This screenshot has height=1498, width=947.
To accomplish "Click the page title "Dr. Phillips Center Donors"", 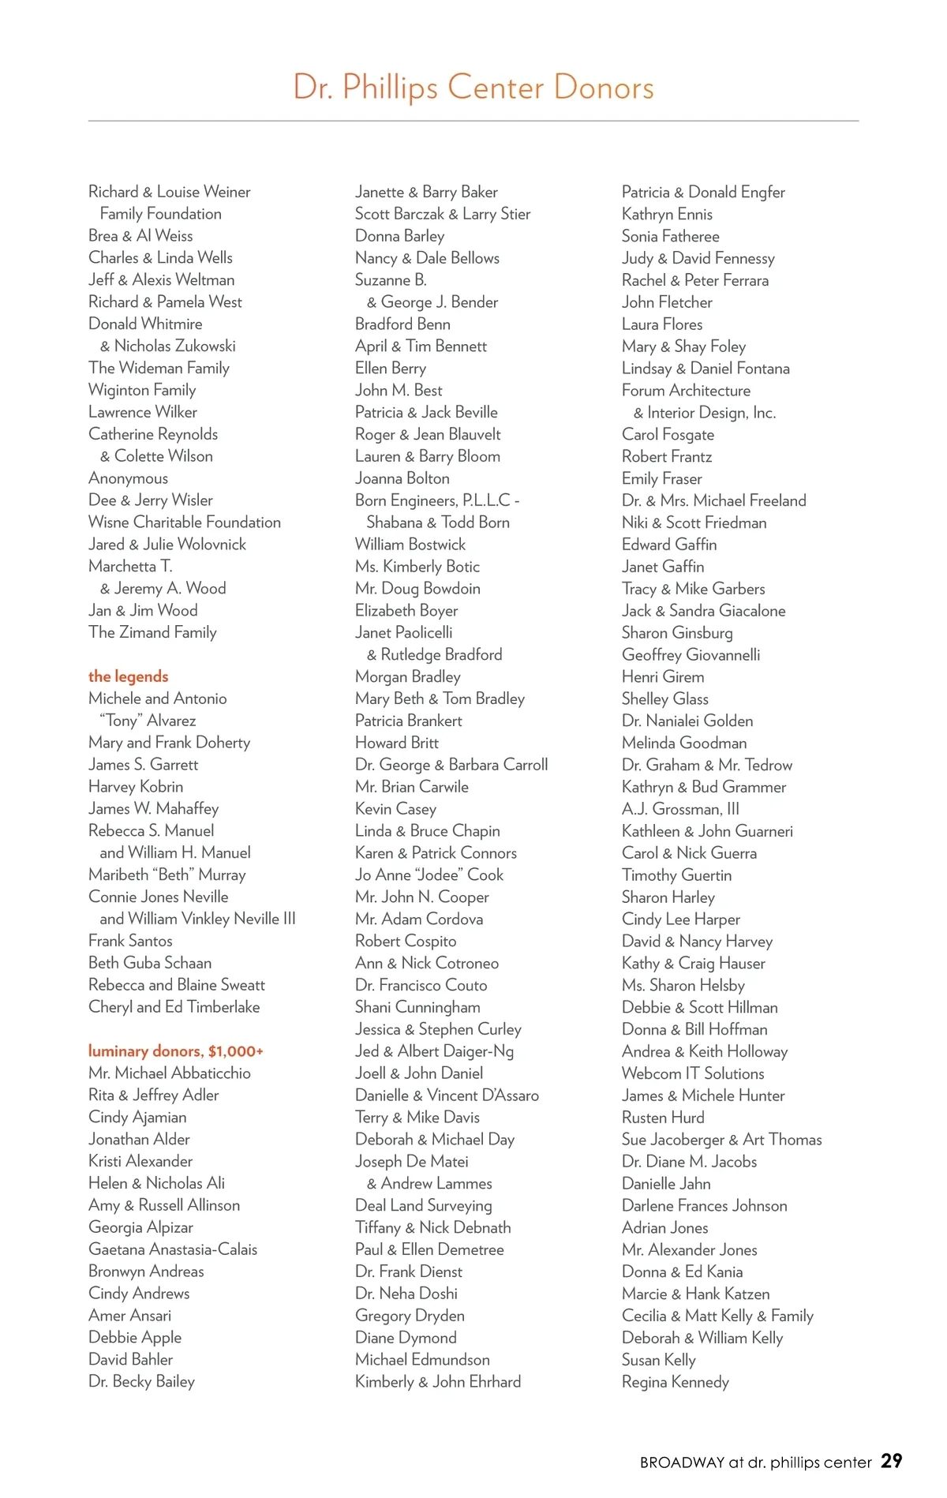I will coord(473,87).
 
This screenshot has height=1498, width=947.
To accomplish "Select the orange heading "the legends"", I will coord(129,676).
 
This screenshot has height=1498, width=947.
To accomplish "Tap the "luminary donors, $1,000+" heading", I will coord(176,1051).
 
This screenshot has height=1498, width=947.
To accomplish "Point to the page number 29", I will coord(892,1461).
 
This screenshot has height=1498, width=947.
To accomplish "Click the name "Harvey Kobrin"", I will coord(136,787).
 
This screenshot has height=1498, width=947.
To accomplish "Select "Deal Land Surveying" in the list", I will coord(424,1205).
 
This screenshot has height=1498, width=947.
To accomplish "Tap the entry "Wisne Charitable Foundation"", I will coord(185,522).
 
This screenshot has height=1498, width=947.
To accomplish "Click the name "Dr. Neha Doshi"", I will coord(406,1294).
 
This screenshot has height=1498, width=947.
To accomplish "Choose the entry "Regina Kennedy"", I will coord(676,1382).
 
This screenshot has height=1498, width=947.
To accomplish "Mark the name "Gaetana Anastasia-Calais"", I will coord(173,1249).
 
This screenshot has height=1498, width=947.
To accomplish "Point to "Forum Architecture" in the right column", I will coord(686,391).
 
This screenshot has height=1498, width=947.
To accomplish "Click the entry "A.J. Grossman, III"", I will coord(681,809).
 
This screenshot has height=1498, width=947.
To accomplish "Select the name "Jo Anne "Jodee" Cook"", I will coord(429,875).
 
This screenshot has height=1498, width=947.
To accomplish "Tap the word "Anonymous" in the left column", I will coord(129,478).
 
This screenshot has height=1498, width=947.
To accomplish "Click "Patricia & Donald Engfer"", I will coord(703,192).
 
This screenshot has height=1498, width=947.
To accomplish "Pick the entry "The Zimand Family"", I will coord(152,632).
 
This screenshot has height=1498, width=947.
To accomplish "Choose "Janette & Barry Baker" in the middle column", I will coord(426,192).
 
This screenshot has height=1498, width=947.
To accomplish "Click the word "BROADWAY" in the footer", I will coord(682,1462).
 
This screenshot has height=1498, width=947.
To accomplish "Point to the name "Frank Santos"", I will coord(130,941).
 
